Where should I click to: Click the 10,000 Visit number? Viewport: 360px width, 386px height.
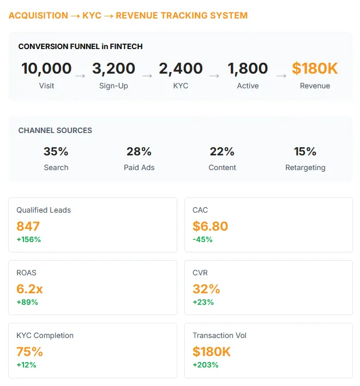coord(46,69)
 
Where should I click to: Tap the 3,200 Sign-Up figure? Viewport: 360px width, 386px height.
coord(113,69)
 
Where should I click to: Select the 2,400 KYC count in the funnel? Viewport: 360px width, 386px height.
coord(181,69)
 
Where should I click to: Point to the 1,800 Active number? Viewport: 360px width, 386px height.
coord(248,69)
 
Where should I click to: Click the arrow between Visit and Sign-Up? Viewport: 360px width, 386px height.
coord(80,76)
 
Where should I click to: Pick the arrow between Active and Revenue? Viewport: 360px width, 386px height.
coord(281,76)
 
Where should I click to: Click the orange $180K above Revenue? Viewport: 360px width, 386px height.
coord(315,69)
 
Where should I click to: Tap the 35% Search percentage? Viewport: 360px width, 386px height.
coord(56,152)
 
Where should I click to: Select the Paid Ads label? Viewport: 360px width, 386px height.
coord(139,168)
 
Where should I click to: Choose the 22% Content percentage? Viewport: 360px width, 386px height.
coord(222,152)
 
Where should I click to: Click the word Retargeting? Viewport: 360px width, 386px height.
coord(305,168)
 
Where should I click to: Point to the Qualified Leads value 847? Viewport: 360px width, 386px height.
coord(28,226)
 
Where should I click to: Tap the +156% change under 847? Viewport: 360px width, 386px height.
coord(28,239)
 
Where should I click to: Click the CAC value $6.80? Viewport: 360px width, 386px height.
coord(210,226)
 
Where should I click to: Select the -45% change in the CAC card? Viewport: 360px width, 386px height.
coord(202,239)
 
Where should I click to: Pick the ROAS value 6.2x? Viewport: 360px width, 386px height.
coord(29,289)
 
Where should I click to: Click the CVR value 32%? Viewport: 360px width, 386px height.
coord(206,289)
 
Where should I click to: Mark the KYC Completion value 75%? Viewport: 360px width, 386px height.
coord(29,352)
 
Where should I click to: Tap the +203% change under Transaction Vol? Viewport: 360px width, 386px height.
coord(206,365)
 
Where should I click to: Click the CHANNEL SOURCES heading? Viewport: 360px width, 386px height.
coord(55,131)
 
